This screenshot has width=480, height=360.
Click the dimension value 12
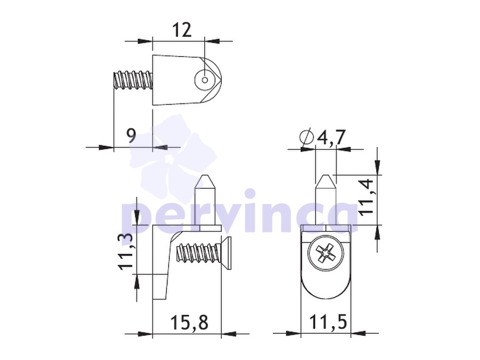182,30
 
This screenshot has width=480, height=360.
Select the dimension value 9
131,135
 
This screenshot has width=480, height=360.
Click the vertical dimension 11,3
125,252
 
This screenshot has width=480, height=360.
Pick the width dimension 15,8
189,322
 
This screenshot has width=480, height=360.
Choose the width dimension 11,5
328,322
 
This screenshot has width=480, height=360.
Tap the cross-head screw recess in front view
325,253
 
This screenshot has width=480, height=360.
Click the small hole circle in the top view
205,80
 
